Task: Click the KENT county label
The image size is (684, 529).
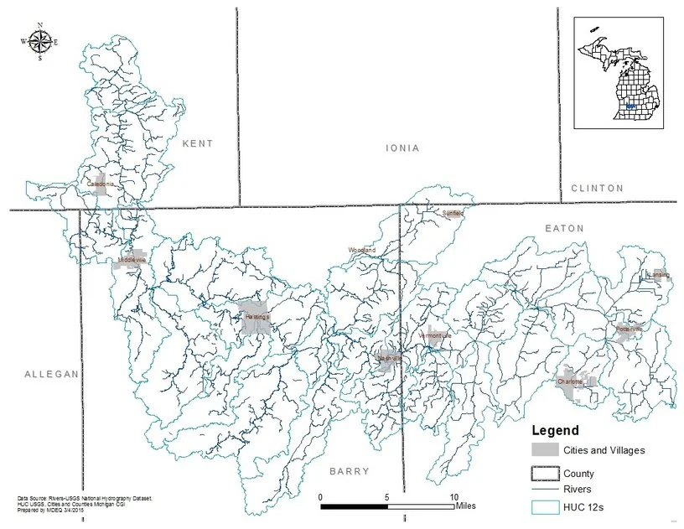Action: coord(198,143)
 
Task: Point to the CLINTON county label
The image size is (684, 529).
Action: coord(597,188)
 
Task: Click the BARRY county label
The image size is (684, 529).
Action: coord(349,471)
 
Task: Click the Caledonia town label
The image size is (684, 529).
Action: coord(101,182)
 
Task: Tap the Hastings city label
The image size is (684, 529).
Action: coord(257,317)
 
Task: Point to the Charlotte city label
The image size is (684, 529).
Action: coord(571,381)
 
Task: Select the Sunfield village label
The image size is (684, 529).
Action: coord(453,213)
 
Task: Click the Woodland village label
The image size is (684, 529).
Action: coord(362,251)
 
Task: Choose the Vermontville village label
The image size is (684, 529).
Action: coord(435,335)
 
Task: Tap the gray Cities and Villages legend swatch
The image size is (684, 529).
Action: coord(545,451)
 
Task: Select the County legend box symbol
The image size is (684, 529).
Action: coord(545,474)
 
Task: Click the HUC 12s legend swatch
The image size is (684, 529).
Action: coord(545,507)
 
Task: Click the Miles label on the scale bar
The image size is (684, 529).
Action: coord(467,506)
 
